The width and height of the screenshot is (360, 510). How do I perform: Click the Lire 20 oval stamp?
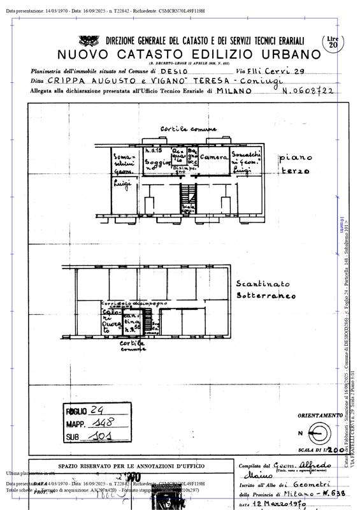[x=333, y=42]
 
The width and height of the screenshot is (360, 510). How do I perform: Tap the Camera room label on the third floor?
[x=214, y=157]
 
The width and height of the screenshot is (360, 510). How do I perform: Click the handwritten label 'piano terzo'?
[x=294, y=164]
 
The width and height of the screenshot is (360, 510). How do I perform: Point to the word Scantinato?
[x=263, y=283]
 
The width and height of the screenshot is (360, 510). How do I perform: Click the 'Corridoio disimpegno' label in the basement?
[x=134, y=303]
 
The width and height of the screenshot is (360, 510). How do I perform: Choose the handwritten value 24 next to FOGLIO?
[x=97, y=411]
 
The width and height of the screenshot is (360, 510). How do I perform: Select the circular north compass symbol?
[x=313, y=435]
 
